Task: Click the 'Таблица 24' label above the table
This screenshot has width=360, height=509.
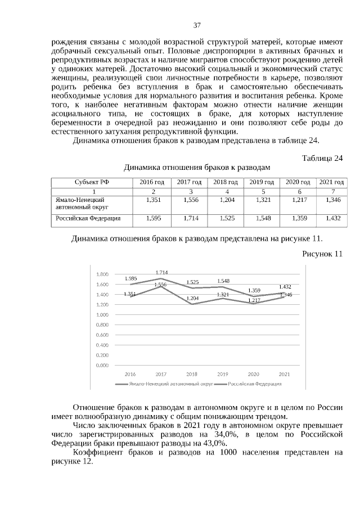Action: [x=322, y=158]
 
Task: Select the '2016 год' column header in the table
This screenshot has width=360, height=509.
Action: [x=152, y=182]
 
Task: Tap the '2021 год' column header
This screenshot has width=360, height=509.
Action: [x=332, y=182]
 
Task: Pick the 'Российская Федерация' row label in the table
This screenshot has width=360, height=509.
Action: [x=84, y=218]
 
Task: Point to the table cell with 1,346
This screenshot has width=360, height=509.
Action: [x=332, y=200]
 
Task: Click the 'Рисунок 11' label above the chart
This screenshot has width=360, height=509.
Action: [x=322, y=254]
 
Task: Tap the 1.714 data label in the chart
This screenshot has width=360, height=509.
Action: [x=161, y=272]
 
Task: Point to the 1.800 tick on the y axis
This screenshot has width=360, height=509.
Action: [x=102, y=274]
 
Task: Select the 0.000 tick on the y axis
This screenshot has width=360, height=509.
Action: [x=102, y=366]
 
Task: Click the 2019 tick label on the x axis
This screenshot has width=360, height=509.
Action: [x=223, y=374]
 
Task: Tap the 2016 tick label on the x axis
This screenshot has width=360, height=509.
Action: [x=130, y=374]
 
